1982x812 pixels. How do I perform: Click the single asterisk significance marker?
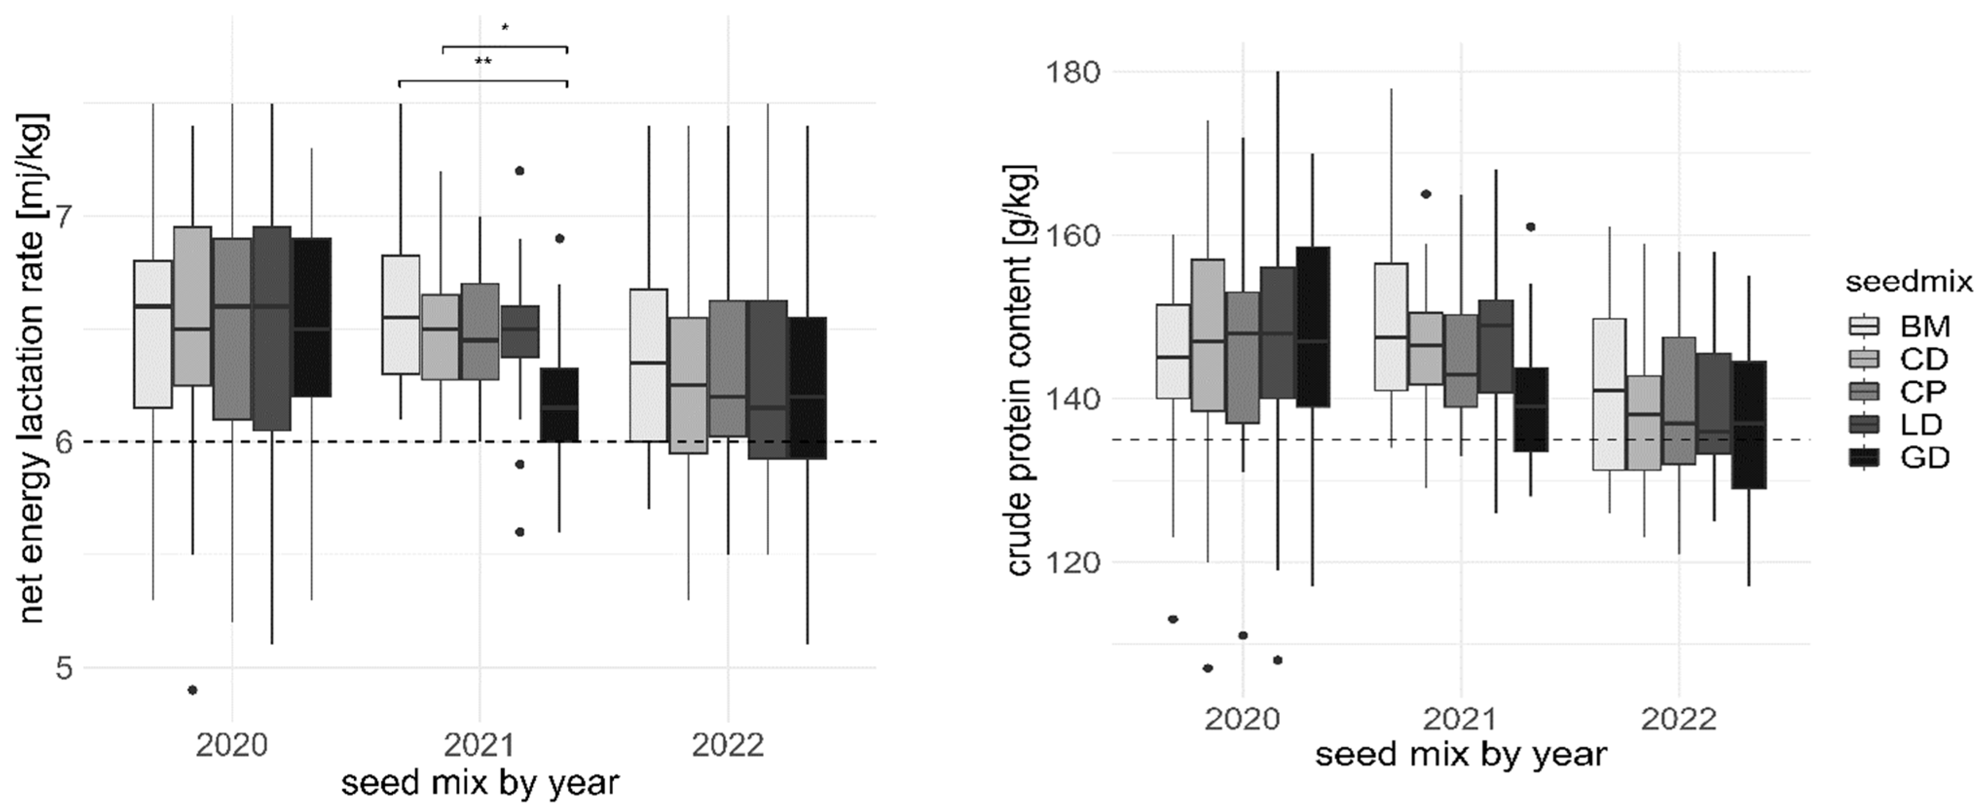[505, 28]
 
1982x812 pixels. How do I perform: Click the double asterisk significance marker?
[483, 61]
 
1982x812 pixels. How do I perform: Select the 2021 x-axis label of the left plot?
[480, 745]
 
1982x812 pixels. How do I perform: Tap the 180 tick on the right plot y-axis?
[1073, 72]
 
